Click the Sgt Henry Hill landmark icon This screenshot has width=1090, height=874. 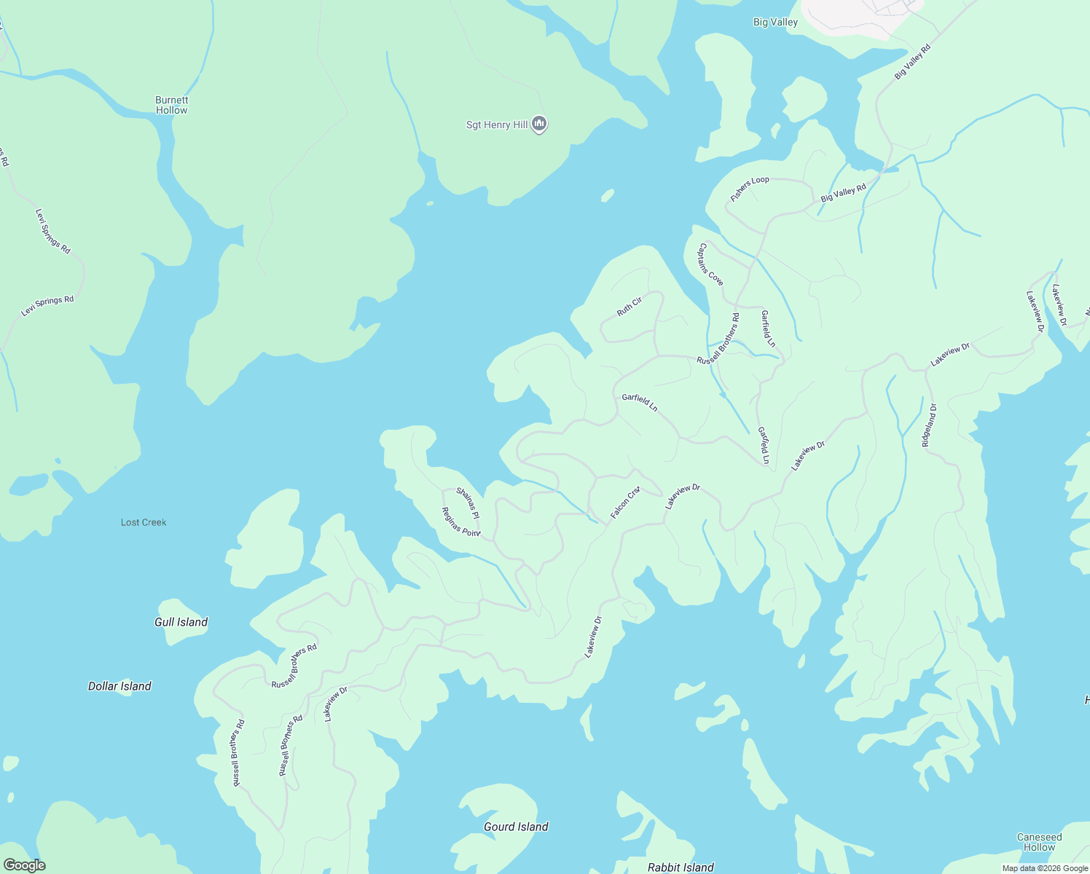(x=539, y=125)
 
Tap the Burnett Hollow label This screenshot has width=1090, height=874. (x=171, y=106)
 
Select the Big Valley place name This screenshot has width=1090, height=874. (x=775, y=23)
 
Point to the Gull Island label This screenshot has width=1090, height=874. (x=181, y=622)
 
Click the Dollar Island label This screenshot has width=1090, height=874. (x=119, y=686)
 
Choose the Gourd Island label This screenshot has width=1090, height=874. (x=516, y=827)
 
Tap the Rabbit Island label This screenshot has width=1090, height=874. (x=681, y=867)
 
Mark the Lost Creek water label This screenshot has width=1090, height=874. (x=144, y=522)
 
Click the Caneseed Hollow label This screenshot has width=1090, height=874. (x=1039, y=842)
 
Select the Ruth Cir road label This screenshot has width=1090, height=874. (x=630, y=307)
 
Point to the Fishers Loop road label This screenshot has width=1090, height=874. (x=750, y=189)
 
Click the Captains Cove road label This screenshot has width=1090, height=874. (x=710, y=264)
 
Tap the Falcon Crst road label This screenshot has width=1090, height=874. (x=624, y=503)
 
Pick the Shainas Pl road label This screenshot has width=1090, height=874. (x=468, y=503)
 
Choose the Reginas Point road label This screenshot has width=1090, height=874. (x=461, y=522)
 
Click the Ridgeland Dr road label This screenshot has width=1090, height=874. (x=929, y=425)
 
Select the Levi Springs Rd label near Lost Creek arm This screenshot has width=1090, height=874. (x=47, y=306)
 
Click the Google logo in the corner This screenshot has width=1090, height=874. (x=25, y=865)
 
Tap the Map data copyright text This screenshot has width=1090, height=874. (x=1045, y=868)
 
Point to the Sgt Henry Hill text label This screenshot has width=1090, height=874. (x=497, y=125)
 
